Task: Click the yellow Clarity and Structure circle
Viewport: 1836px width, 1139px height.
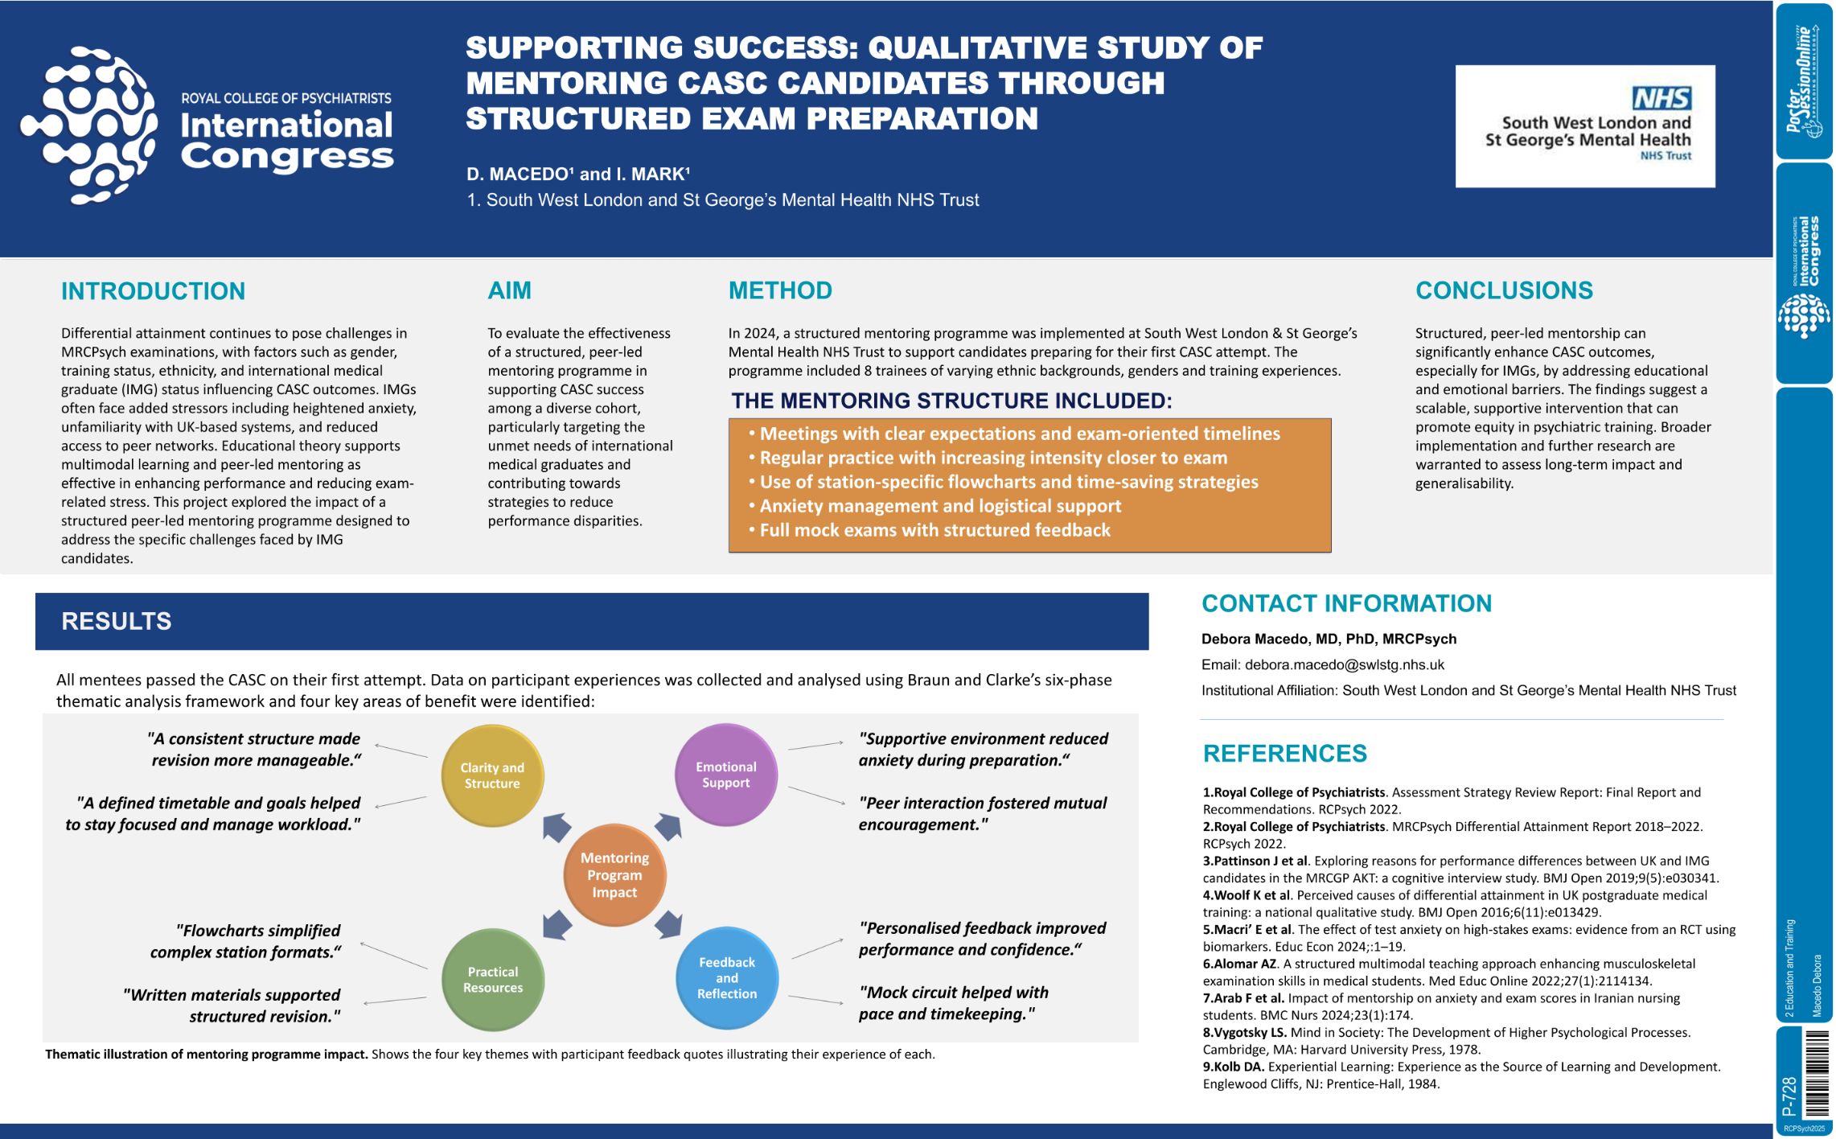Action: (x=492, y=775)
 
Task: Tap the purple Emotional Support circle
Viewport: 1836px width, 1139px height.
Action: (x=726, y=775)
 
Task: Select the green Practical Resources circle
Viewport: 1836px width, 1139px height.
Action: (x=493, y=980)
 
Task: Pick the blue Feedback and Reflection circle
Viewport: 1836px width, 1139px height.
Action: (x=727, y=978)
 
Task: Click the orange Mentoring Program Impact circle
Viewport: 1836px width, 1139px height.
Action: (x=614, y=875)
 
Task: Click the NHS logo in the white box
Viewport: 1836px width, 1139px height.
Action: (x=1661, y=98)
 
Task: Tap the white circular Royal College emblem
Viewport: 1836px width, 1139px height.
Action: (x=88, y=125)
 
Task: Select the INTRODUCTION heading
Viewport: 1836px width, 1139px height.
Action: (x=153, y=291)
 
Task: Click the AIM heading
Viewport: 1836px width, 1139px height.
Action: (x=509, y=290)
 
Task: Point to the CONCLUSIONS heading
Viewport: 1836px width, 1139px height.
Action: (x=1504, y=290)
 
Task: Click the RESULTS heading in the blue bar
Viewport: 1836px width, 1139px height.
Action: (x=117, y=621)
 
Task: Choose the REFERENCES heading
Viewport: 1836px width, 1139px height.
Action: (x=1285, y=754)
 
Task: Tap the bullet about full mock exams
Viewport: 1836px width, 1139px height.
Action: (x=929, y=530)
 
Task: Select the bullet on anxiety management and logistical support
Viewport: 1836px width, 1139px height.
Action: (x=934, y=506)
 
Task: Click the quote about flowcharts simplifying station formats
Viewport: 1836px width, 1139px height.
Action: (x=245, y=941)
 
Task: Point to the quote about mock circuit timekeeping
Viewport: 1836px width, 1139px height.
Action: (x=954, y=1003)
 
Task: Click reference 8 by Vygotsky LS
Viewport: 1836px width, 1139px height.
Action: (x=1447, y=1041)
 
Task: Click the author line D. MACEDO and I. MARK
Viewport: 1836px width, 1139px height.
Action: (x=578, y=174)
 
